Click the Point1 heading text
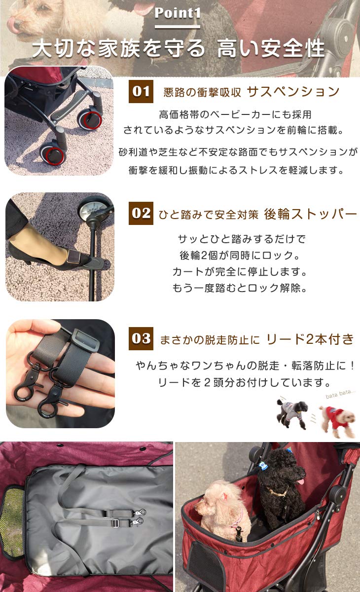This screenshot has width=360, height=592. click(178, 13)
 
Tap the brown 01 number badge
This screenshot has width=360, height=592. click(141, 92)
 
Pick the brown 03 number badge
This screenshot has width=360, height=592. click(141, 338)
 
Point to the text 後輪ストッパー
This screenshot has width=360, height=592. click(310, 214)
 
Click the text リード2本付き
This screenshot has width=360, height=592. click(310, 339)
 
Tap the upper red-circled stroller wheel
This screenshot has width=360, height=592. click(93, 120)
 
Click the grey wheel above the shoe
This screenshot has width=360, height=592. click(95, 211)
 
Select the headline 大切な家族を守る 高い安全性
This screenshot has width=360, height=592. click(179, 49)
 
